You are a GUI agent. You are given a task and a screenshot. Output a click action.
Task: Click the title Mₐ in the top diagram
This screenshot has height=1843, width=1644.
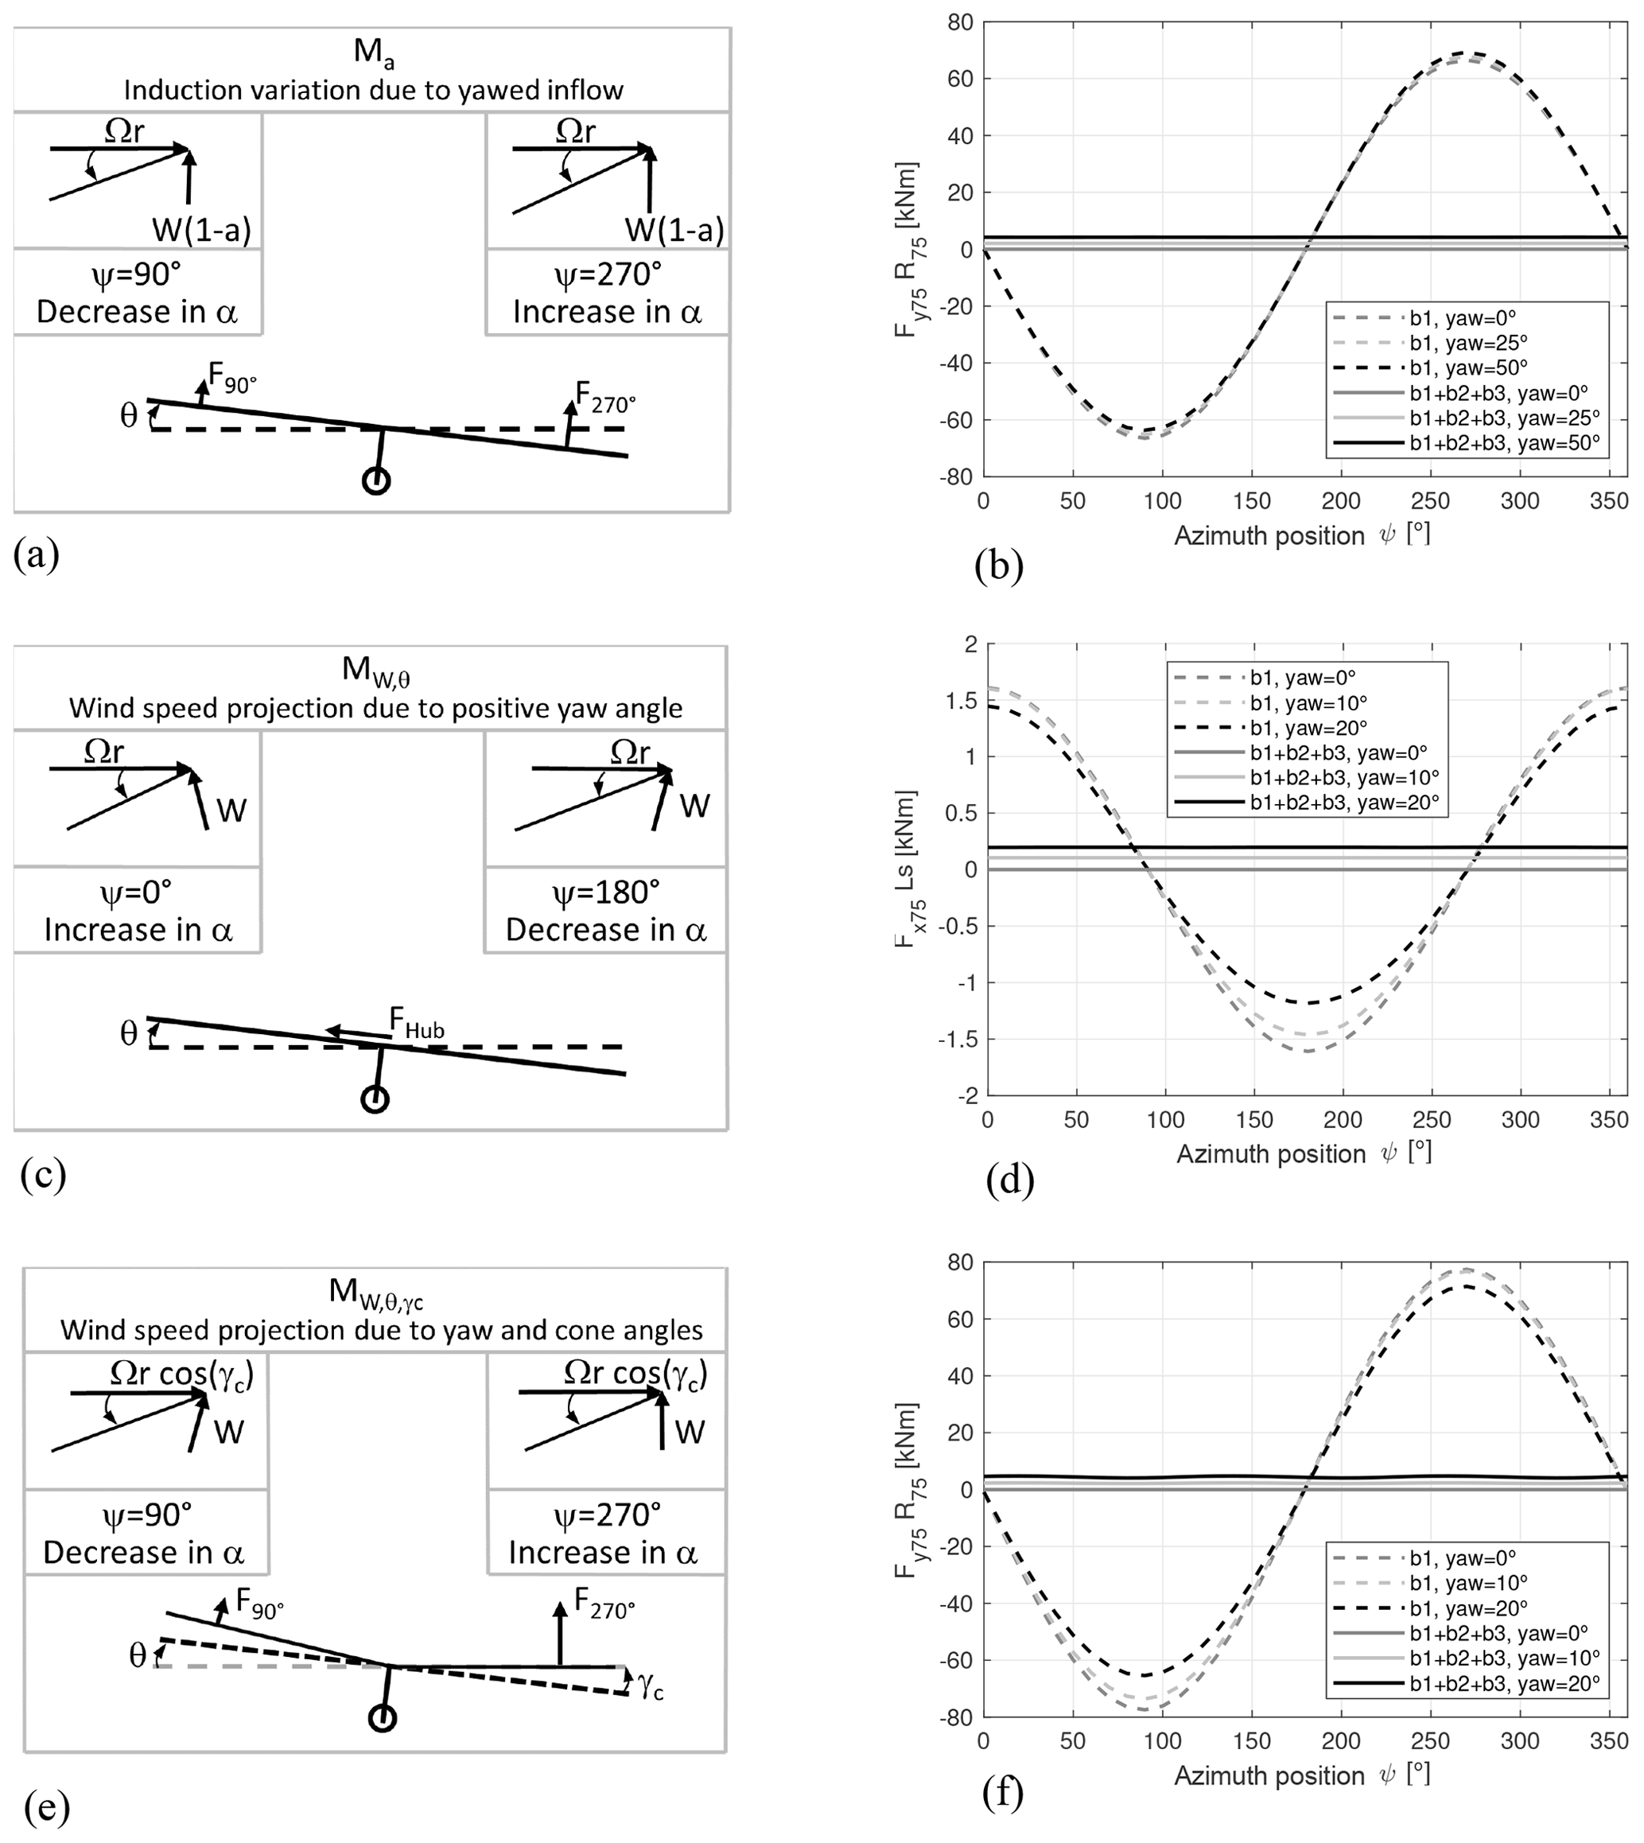374,52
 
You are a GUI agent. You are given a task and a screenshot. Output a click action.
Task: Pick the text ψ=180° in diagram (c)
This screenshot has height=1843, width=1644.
606,892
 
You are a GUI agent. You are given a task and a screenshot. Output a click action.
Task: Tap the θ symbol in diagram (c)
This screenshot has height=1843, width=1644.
129,1033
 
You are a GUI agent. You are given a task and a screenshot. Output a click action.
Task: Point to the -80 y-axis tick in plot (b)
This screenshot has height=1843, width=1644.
958,477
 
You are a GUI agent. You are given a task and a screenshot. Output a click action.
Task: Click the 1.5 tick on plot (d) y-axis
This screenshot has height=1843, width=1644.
966,701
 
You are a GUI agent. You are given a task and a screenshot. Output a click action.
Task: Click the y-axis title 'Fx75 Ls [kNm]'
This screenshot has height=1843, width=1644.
906,869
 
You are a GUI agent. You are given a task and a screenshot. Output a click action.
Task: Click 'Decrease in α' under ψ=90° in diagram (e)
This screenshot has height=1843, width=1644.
145,1552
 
